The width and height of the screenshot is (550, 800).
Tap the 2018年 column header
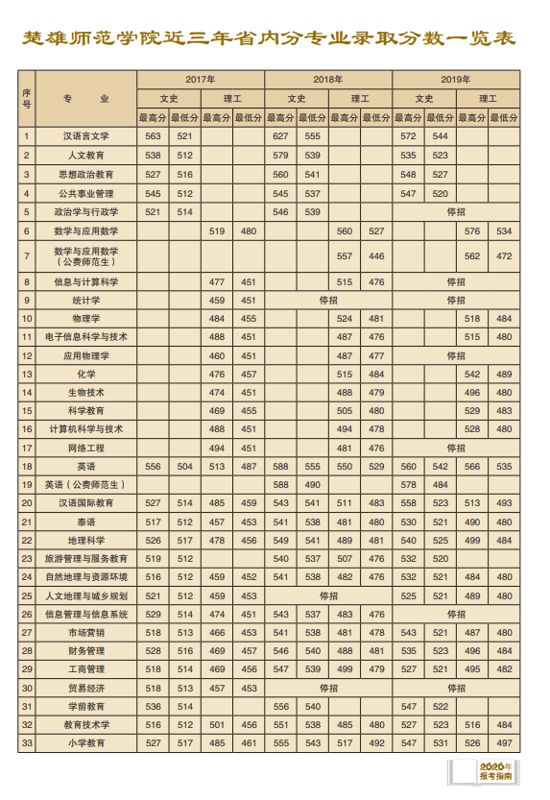point(328,79)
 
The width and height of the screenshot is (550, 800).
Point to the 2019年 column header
point(456,79)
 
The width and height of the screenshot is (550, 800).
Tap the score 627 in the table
point(280,136)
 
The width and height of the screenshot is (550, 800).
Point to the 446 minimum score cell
point(376,256)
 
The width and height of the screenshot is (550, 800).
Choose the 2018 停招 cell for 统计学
point(328,301)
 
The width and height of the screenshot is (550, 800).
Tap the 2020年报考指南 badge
point(495,772)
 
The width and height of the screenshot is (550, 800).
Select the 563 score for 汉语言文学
point(153,136)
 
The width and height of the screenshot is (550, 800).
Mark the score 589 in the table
point(280,484)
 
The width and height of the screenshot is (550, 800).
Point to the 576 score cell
point(472,231)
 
